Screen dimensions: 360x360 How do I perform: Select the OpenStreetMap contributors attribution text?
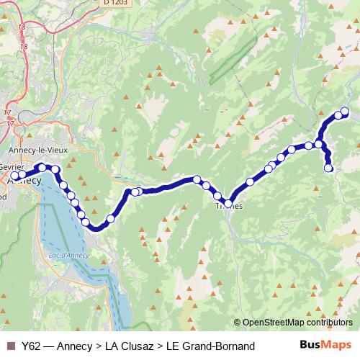tap(297, 323)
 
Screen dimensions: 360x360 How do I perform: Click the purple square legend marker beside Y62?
tap(10, 346)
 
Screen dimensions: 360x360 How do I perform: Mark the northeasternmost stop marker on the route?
tap(344, 111)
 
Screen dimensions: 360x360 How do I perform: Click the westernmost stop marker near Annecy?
tap(14, 175)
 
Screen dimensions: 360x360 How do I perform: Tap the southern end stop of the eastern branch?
tap(329, 168)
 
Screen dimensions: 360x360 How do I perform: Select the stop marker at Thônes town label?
tap(228, 203)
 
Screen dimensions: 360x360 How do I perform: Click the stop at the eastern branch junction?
tap(318, 144)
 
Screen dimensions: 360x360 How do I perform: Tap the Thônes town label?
tap(229, 206)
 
